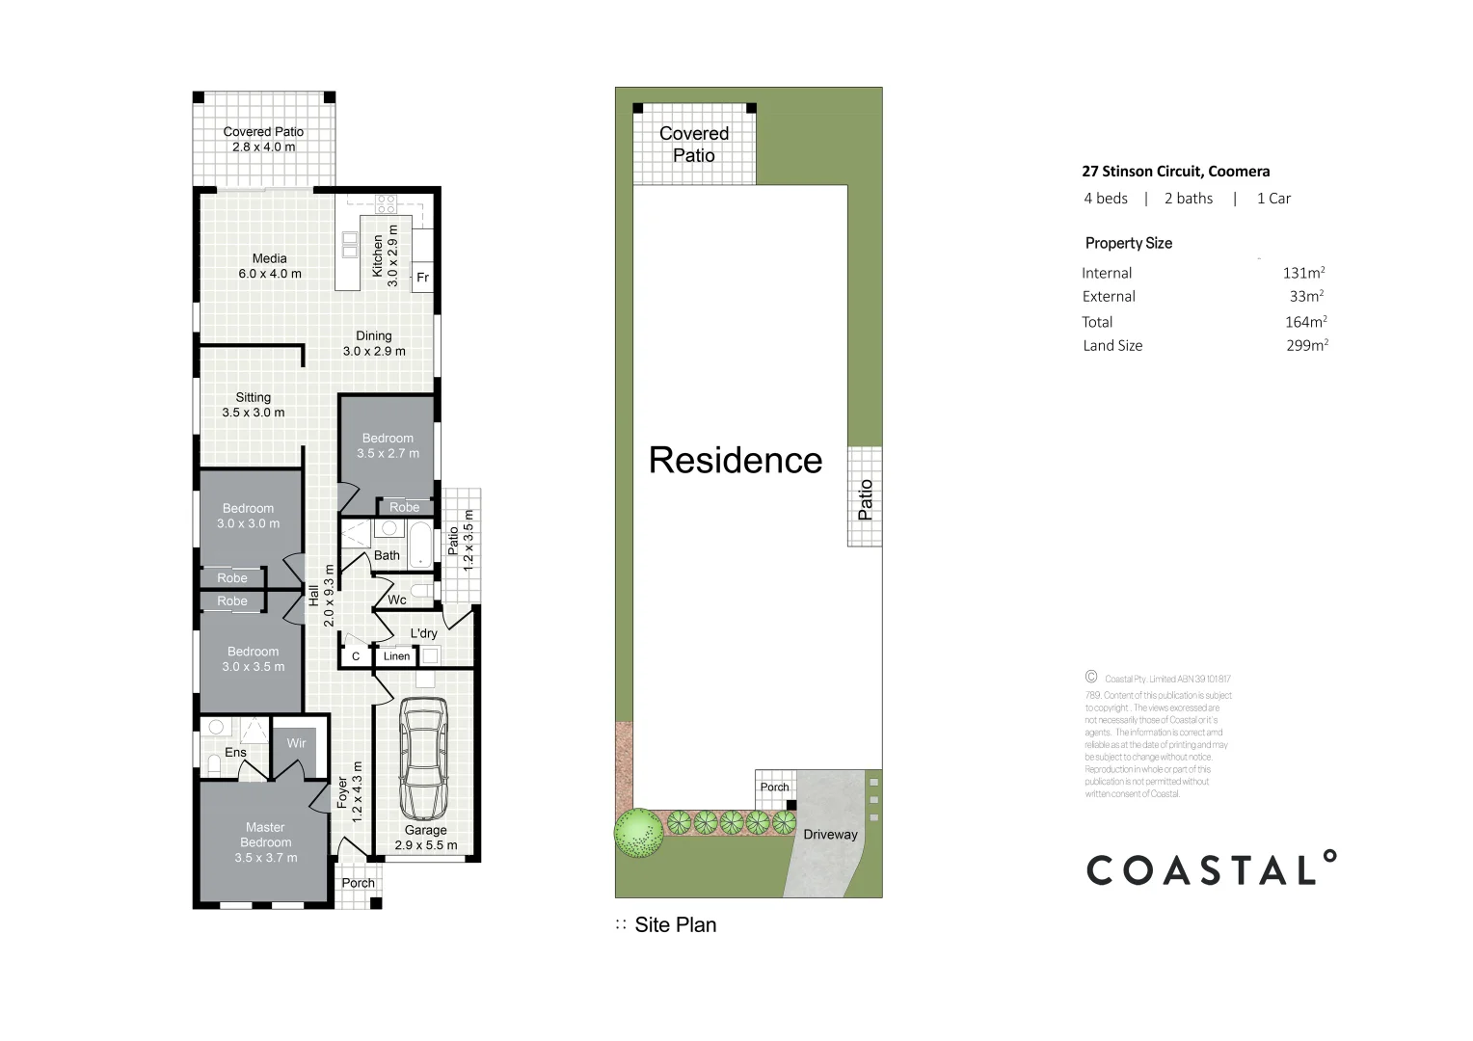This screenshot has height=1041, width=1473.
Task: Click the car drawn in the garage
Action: [424, 757]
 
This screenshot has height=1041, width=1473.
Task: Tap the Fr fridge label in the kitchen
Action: [422, 278]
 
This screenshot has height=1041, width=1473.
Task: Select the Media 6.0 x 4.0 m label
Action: [270, 266]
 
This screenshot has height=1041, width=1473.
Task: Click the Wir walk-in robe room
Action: [296, 743]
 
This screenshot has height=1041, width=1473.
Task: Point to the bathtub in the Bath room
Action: [421, 545]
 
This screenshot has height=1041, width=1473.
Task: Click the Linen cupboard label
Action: [396, 656]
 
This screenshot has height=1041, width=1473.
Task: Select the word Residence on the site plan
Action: [736, 461]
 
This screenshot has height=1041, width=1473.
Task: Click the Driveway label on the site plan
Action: [830, 835]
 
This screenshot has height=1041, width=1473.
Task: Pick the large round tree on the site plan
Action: [638, 832]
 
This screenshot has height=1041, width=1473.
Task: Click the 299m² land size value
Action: [1306, 345]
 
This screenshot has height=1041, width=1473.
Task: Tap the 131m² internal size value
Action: [1303, 273]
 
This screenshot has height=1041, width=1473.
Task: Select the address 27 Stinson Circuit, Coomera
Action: [1175, 172]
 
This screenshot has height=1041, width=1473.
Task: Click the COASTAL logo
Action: [1211, 869]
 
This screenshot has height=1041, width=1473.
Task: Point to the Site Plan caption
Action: [675, 925]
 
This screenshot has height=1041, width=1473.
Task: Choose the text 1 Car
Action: [1272, 199]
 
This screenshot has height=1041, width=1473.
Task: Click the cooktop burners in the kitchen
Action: [386, 203]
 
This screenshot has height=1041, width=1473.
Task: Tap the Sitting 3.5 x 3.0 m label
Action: [254, 405]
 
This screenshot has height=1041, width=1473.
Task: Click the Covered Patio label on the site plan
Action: [694, 145]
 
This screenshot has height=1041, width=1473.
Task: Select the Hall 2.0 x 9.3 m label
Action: [321, 596]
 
